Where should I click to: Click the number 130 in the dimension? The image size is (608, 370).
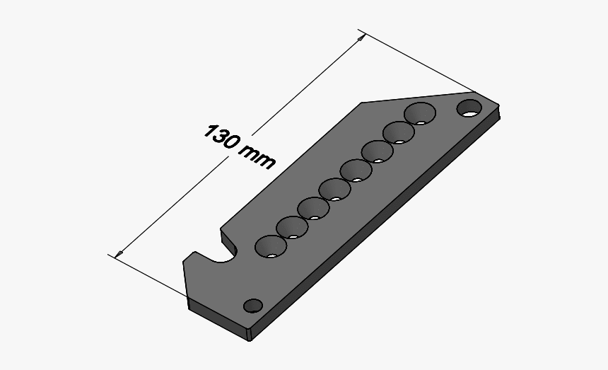[x=221, y=137]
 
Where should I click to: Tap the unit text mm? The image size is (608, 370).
[x=257, y=158]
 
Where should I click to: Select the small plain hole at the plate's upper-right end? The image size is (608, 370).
[x=468, y=108]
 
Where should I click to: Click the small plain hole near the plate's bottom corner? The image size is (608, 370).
[x=252, y=306]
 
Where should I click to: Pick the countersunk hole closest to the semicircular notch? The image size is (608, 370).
[x=271, y=246]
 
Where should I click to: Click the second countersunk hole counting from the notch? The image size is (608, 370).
[x=292, y=227]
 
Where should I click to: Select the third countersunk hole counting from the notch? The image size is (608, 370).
[x=312, y=209]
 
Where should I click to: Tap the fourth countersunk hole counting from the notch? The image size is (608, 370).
[x=334, y=190]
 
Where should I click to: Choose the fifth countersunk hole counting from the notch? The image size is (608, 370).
[x=356, y=170]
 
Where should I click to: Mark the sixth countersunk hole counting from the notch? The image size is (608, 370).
[x=377, y=151]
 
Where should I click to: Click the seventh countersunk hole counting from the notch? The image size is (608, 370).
[x=399, y=132]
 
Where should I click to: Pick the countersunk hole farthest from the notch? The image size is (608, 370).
[x=421, y=112]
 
